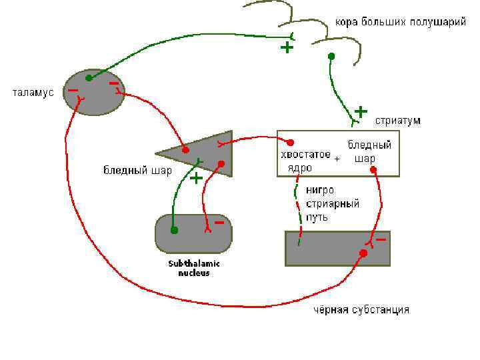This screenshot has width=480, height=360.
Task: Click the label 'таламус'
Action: tap(33, 92)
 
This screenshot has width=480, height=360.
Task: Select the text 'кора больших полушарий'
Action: tap(399, 22)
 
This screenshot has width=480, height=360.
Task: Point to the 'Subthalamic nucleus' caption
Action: tap(194, 268)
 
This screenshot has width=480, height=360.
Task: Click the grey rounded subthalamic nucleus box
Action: tap(193, 234)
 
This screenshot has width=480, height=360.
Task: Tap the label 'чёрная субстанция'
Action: tap(361, 310)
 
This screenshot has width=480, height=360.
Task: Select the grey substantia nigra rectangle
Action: tap(337, 248)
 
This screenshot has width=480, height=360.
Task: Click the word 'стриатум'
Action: tap(398, 121)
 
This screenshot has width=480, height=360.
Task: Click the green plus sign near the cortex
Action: tap(287, 48)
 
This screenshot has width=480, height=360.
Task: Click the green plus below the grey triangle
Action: tap(197, 179)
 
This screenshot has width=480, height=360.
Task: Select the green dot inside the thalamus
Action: tap(89, 78)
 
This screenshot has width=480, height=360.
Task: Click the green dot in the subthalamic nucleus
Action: tap(174, 231)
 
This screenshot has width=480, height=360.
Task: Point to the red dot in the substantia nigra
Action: tap(363, 253)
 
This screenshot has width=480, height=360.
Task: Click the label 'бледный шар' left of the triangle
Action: tap(137, 171)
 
